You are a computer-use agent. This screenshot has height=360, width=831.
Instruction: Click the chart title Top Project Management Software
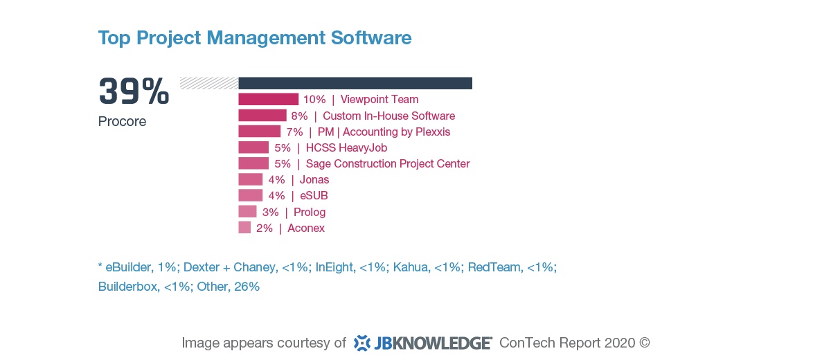coord(255,37)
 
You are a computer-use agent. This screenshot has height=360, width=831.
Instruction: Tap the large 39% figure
coord(134,91)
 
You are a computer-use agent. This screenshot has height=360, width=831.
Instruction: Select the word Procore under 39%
coord(122,121)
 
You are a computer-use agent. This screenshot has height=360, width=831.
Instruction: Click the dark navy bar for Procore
coord(355,83)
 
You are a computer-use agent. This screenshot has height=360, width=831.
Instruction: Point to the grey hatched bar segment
coord(208,83)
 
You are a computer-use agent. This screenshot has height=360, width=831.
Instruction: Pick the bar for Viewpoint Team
coord(268,99)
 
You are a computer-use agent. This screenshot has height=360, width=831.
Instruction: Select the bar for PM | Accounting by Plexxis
coord(259,132)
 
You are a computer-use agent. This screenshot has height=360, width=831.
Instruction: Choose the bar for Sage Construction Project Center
coord(253,163)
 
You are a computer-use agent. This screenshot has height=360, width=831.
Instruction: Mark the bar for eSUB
coord(250,195)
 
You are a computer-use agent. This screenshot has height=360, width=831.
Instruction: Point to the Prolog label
coord(309,212)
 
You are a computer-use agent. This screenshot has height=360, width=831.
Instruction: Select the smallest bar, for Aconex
coord(244,228)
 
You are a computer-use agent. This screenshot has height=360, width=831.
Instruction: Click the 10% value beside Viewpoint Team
coord(314,99)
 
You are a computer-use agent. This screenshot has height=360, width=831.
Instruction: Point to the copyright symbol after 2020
coord(644,343)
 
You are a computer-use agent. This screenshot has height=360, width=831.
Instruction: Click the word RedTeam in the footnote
coord(494,267)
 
